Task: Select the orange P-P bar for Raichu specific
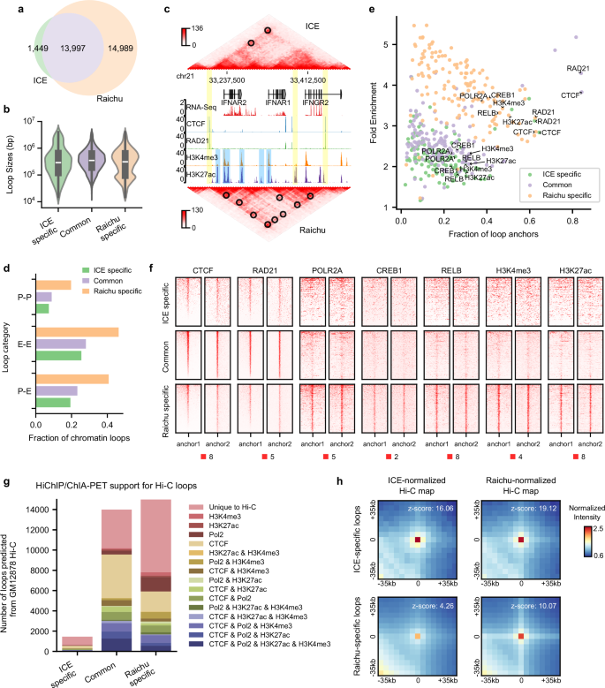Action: coord(54,284)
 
